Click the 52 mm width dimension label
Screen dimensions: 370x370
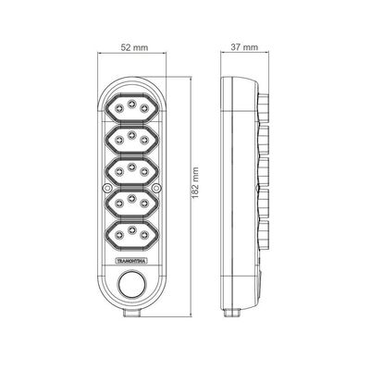coord(134,47)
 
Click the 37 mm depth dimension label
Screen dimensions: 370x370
coord(244,47)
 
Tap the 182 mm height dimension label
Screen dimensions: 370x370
coord(195,183)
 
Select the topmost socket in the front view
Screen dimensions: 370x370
coord(131,108)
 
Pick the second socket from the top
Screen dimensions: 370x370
coord(131,140)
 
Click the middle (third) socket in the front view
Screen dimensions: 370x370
coord(131,171)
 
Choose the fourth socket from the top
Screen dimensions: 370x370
coord(131,203)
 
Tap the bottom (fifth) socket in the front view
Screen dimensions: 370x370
coord(131,234)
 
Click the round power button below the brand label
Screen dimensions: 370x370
coord(131,284)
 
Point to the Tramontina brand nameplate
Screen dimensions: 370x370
coord(131,261)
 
